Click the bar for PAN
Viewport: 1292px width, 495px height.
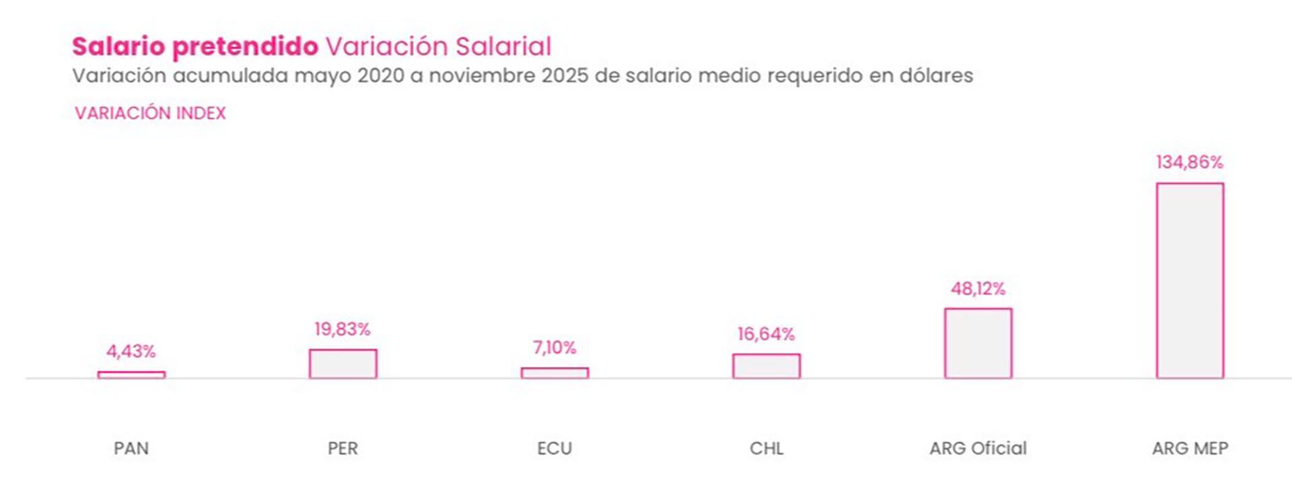(x=131, y=375)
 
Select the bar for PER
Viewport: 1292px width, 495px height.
(x=343, y=364)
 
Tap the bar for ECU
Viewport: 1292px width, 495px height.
(x=554, y=373)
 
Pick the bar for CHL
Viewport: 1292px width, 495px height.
(x=766, y=366)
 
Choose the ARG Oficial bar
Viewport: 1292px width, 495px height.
(x=978, y=343)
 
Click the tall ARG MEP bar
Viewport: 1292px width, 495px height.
(x=1190, y=281)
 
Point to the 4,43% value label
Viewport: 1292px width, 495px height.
(x=131, y=351)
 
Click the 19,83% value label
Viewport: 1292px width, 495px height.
(x=343, y=329)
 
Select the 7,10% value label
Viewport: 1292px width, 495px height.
(x=554, y=348)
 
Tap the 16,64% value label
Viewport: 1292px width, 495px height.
(x=766, y=334)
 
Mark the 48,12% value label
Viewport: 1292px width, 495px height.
(x=978, y=289)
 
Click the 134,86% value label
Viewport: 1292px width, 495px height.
(x=1190, y=162)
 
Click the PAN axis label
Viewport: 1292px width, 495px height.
(x=131, y=449)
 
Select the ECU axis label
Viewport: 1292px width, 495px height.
(x=554, y=449)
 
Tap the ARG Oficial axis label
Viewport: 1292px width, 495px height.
(x=978, y=449)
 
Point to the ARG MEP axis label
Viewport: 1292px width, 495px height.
(x=1190, y=449)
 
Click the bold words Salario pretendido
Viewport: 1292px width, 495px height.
(x=195, y=46)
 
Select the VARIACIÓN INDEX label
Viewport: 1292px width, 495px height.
(x=150, y=113)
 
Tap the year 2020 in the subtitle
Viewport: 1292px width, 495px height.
(x=380, y=75)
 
